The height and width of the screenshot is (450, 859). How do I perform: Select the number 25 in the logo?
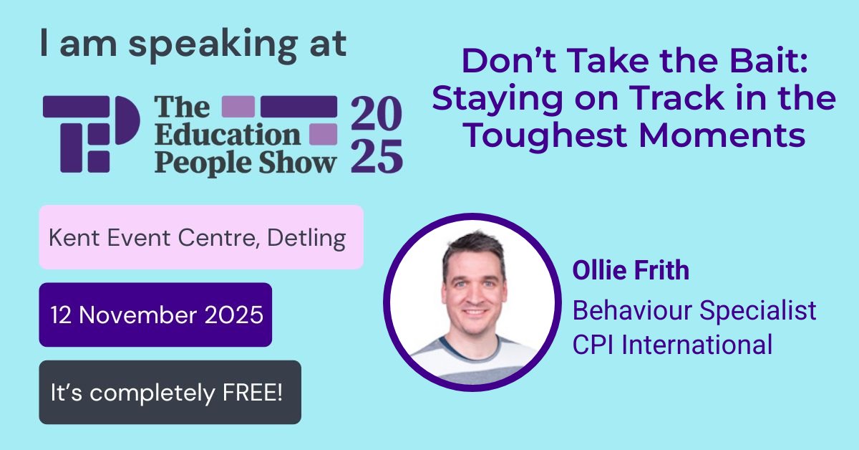pos(377,156)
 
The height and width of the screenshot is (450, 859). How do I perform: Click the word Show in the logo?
pos(301,163)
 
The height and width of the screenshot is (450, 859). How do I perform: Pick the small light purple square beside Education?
pos(323,134)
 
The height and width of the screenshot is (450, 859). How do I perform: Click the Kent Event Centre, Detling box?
pos(201,237)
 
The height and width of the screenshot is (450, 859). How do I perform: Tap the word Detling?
pos(306,237)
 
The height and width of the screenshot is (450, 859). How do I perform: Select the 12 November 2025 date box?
pos(155,315)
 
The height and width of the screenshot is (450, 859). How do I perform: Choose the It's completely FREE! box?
pos(170,392)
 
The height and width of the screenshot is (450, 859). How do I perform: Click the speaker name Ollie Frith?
pos(631,270)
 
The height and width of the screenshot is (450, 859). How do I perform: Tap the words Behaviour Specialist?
pos(694,310)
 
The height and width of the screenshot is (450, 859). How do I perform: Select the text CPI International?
pos(672,345)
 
